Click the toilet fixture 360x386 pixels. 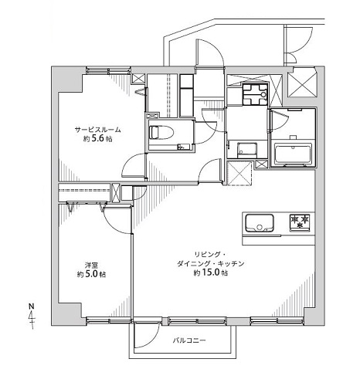pos(161,133)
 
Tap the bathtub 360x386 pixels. pos(293,154)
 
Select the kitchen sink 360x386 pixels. pos(259,223)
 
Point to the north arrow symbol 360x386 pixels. pos(32,317)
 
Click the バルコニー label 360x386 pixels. pos(189,341)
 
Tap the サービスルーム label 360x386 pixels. pos(97,130)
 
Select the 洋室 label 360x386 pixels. pos(91,266)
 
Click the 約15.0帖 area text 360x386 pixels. pos(211,273)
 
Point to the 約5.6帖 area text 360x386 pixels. pos(97,139)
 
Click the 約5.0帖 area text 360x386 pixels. pos(91,275)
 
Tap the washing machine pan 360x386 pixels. pos(255,95)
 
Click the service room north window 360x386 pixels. pos(108,70)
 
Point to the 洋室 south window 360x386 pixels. pos(108,320)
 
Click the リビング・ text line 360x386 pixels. pos(210,255)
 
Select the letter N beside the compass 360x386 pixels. pos(32,306)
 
